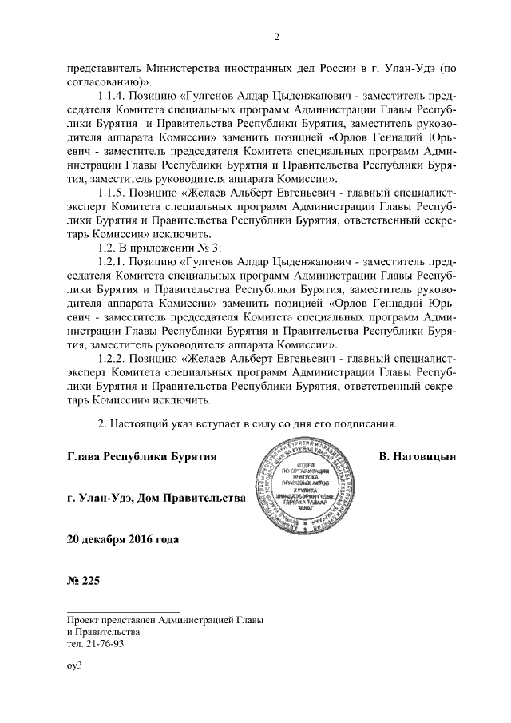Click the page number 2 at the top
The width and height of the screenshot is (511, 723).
click(275, 37)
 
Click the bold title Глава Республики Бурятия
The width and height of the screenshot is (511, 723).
click(143, 455)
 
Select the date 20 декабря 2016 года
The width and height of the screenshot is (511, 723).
click(123, 538)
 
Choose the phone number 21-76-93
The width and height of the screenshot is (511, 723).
click(105, 644)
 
